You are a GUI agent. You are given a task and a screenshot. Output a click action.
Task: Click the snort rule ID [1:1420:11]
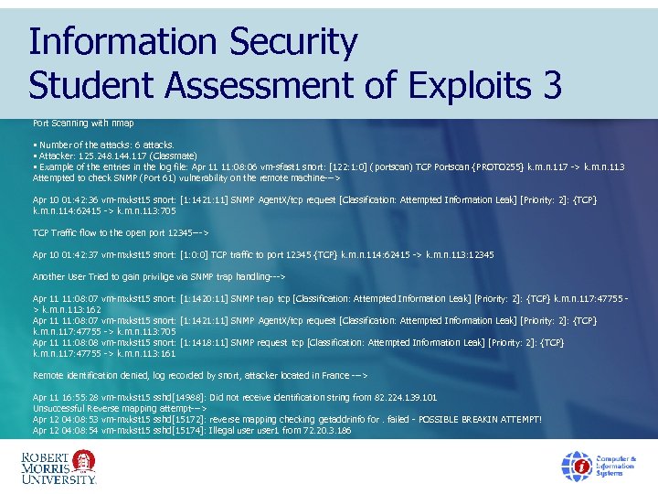207,298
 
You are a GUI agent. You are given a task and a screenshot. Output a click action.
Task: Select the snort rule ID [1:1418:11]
207,342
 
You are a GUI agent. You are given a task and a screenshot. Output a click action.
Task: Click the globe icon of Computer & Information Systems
576,466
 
